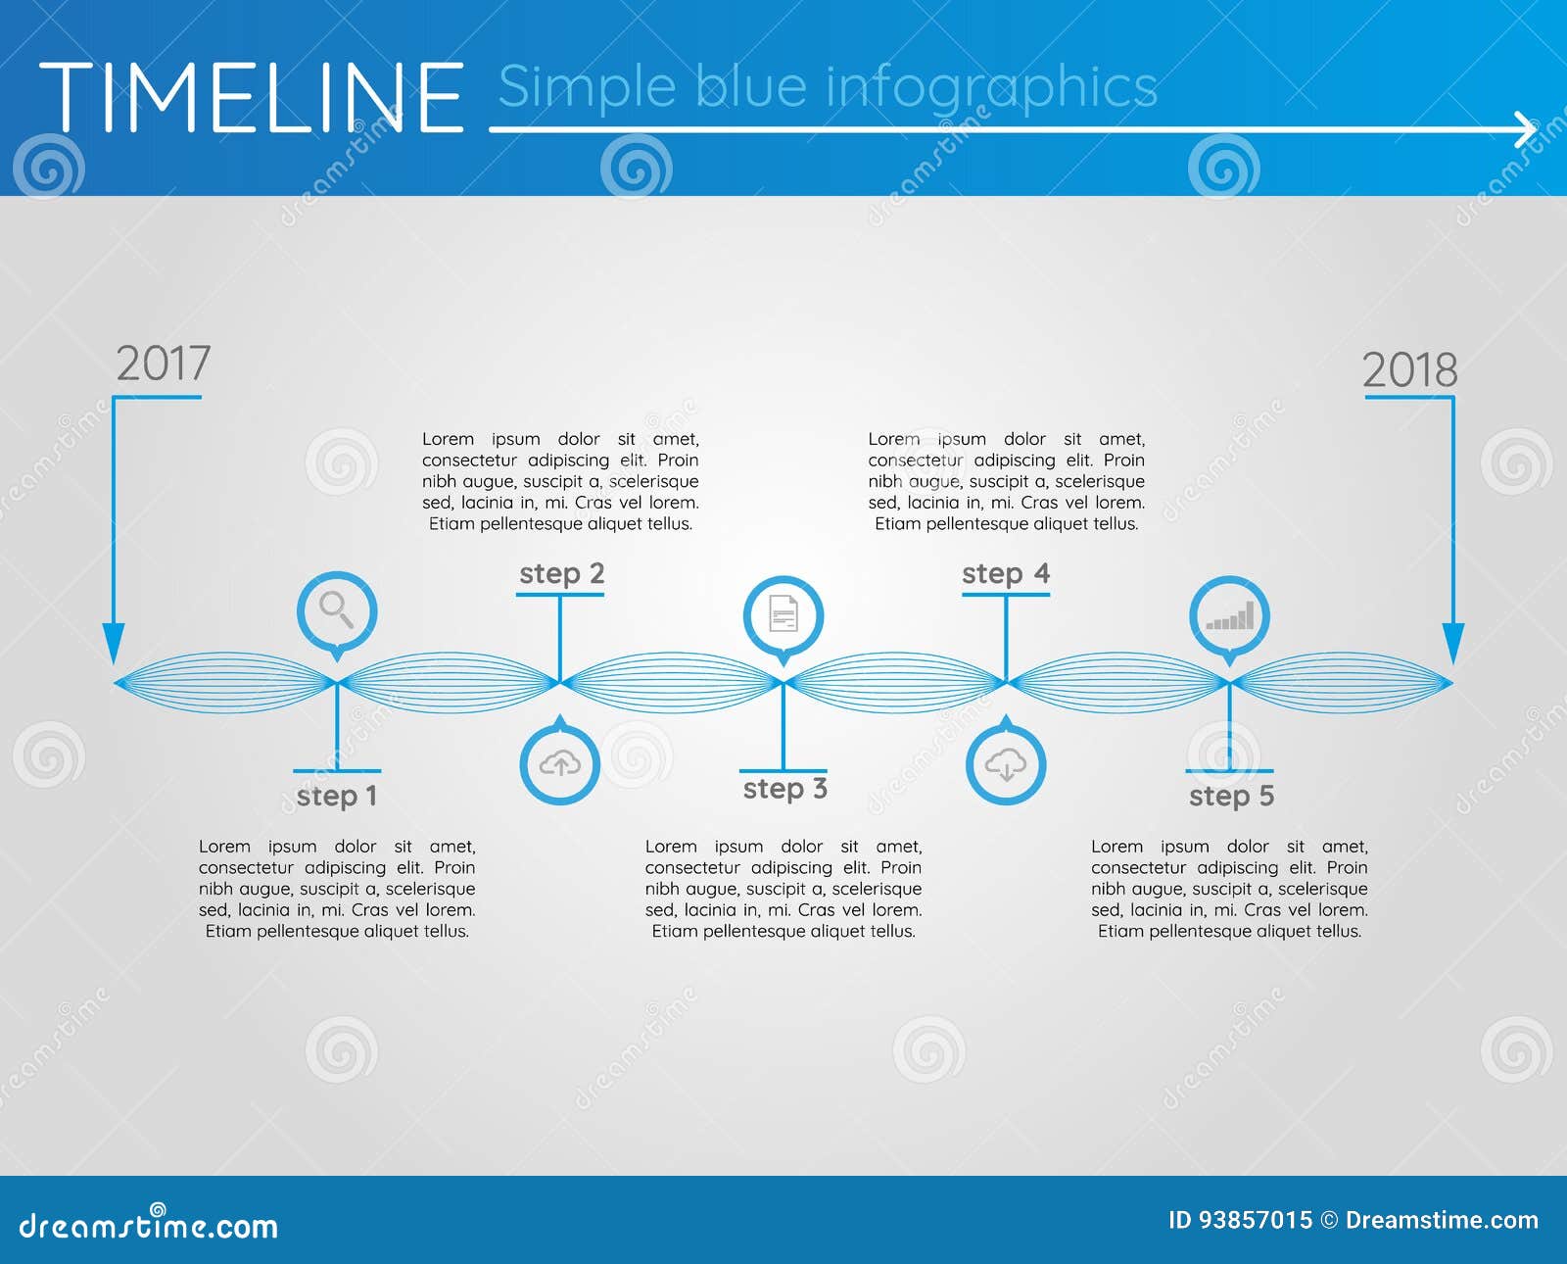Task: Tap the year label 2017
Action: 163,364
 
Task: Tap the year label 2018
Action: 1409,370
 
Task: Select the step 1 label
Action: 336,796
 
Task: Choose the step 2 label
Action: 561,573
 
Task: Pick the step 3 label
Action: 784,789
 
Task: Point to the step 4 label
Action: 1005,573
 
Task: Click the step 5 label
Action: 1231,796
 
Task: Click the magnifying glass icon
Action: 337,610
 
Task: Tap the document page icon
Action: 783,615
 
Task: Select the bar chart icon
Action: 1229,617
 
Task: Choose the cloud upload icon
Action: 559,763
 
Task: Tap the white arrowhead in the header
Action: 1526,129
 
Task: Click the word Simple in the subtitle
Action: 587,88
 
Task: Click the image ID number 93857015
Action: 1256,1220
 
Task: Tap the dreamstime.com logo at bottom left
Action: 149,1225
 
